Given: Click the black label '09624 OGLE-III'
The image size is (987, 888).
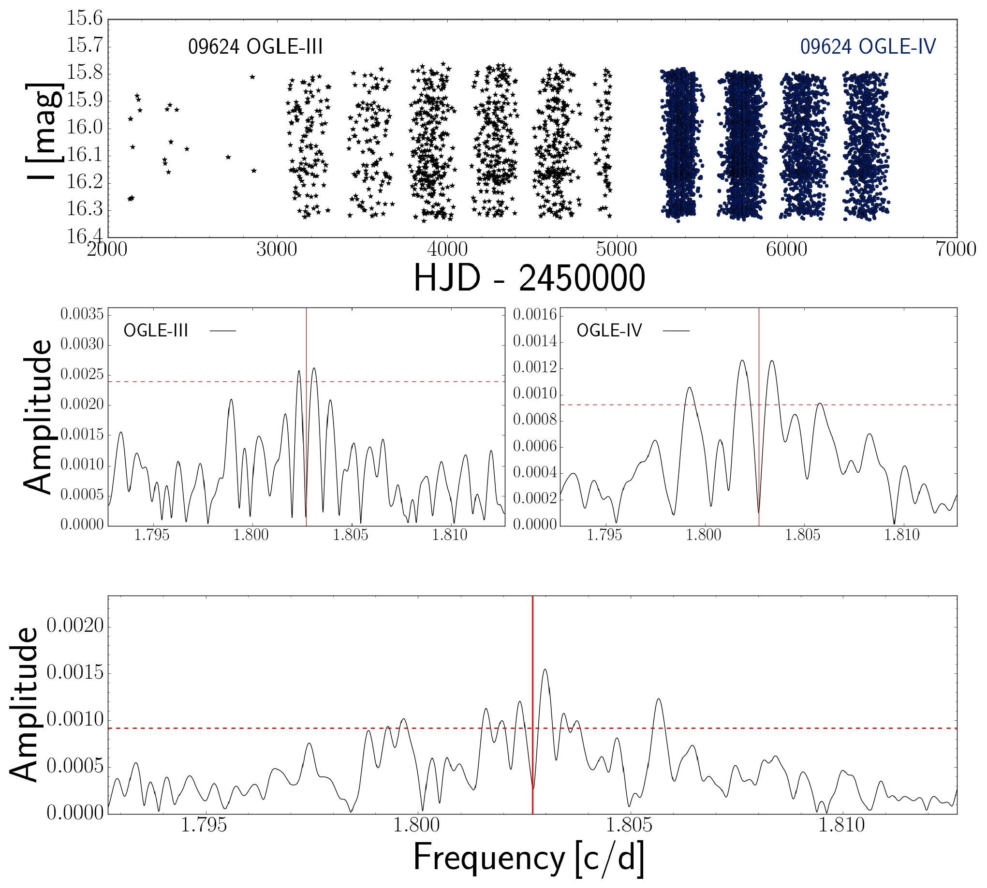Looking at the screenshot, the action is point(255,47).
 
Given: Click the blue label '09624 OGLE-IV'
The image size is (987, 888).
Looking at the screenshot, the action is point(868,47).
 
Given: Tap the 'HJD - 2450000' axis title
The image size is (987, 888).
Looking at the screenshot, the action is point(530,277).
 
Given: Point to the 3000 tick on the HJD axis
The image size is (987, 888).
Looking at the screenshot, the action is point(277,249).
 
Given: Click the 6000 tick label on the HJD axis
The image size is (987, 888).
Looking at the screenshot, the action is point(786,249).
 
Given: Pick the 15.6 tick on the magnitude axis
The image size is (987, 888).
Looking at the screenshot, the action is point(85,18).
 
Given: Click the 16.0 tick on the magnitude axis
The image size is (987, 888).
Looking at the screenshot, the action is point(85,128).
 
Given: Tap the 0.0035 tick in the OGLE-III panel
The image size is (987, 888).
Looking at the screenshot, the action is point(82,314).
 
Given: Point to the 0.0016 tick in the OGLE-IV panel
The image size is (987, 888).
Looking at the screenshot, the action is point(535,315).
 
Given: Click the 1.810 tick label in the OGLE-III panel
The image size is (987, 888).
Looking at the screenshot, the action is point(450,535).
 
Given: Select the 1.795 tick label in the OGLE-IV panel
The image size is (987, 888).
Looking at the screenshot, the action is point(604,535).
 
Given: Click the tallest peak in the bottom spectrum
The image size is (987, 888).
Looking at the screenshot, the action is point(545,670).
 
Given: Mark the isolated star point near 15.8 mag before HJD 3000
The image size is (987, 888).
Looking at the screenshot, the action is point(252,76).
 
